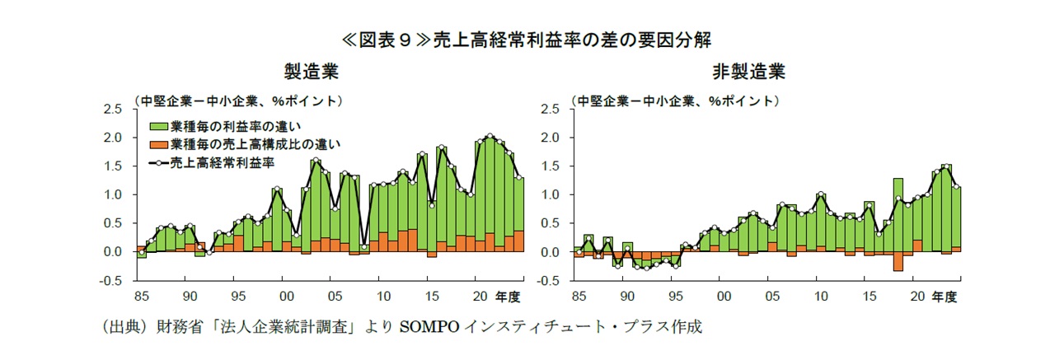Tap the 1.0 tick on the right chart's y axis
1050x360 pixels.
coord(551,195)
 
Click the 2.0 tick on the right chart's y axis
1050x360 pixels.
coord(551,138)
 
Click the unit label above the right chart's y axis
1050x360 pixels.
coord(676,101)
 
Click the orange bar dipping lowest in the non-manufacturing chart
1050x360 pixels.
coord(898,261)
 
